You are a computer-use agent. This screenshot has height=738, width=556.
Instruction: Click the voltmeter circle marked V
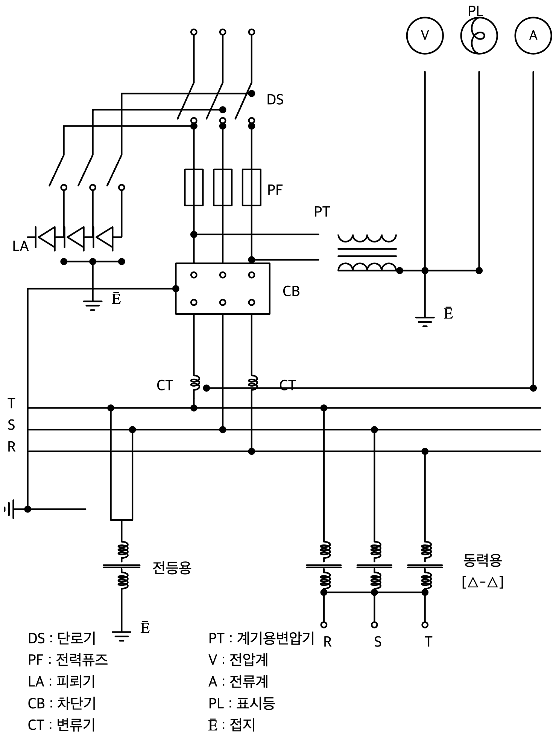425,35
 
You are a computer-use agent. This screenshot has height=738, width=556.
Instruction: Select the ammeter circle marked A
533,35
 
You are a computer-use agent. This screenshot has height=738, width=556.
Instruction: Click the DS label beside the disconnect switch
275,100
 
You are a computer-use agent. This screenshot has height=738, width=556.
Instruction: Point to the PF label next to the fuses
275,190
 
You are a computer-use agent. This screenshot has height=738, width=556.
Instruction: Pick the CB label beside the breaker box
291,291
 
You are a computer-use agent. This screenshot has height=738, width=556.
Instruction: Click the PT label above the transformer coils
322,212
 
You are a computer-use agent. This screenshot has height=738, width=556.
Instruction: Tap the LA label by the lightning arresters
20,246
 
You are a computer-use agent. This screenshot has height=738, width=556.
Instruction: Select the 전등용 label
172,567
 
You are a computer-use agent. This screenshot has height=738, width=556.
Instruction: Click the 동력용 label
483,560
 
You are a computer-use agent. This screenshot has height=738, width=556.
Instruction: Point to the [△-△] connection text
483,582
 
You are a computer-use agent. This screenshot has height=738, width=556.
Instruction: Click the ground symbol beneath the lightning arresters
93,304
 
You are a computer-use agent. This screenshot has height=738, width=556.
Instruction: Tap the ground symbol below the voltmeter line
425,322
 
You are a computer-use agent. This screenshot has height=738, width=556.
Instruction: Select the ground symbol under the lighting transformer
121,636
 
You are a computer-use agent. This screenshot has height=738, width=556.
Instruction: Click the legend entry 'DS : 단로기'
62,638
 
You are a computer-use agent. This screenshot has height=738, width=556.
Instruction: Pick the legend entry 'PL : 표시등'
242,703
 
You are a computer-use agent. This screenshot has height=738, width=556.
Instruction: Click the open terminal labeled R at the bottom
324,625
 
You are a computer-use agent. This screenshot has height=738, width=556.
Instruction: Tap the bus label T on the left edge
11,403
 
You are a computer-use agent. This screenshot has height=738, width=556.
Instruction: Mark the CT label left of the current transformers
164,385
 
